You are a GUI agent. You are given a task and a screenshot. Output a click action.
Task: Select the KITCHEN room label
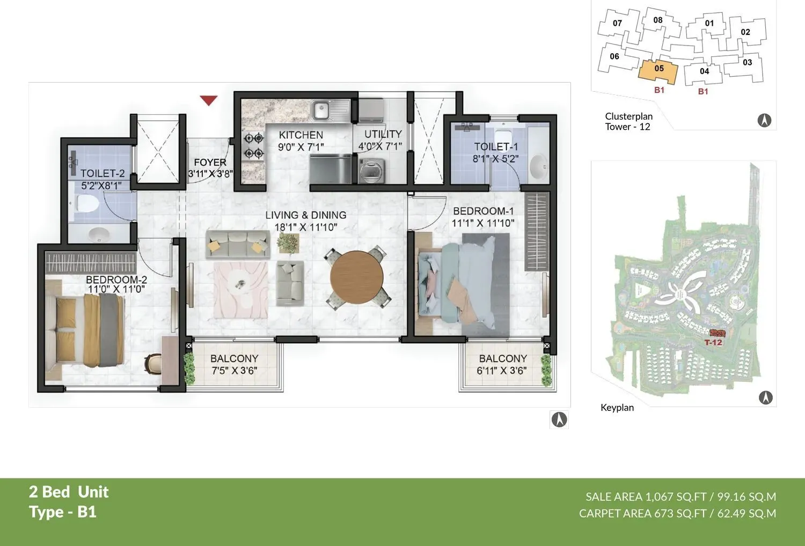point(301,135)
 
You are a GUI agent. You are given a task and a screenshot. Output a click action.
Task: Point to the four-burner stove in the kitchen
point(253,146)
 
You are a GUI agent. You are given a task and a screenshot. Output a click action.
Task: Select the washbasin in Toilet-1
point(538,166)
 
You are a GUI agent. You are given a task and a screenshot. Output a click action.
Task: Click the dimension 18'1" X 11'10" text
point(306,227)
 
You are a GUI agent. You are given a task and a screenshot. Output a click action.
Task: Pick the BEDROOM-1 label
point(483,211)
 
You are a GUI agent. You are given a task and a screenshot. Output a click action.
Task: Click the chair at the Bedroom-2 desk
point(153,364)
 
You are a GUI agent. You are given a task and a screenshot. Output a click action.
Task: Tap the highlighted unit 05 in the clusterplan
point(658,69)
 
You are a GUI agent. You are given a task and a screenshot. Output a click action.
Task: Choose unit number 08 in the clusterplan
point(658,20)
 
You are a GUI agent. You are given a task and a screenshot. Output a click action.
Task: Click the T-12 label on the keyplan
point(713,342)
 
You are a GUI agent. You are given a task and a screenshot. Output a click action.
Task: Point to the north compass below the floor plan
point(559,419)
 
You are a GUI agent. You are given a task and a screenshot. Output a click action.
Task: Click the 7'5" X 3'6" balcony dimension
point(234,371)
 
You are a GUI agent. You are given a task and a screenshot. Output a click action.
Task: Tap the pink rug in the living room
point(240,290)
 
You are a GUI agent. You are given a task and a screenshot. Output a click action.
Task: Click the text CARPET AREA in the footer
point(615,513)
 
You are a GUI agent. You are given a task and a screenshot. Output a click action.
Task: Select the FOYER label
point(210,162)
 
